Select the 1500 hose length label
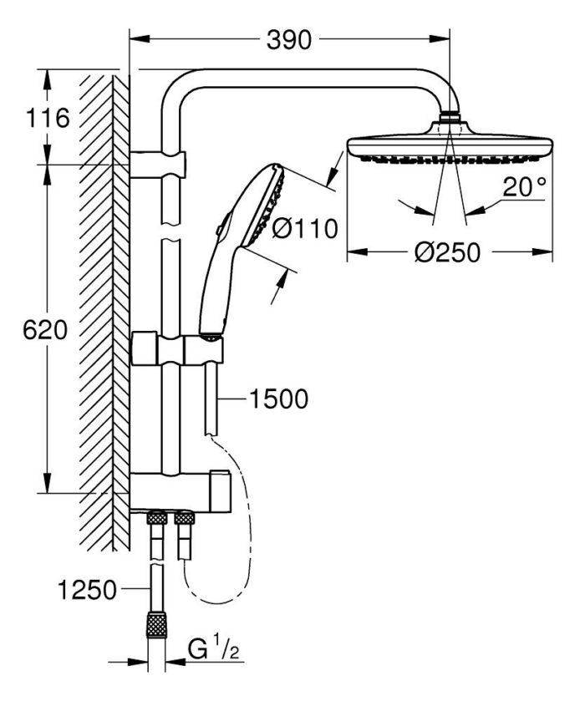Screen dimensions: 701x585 [x=278, y=399]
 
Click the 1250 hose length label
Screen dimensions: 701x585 [x=87, y=590]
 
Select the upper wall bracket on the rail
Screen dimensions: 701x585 [x=159, y=162]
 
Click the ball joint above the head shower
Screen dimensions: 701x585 [x=450, y=119]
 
